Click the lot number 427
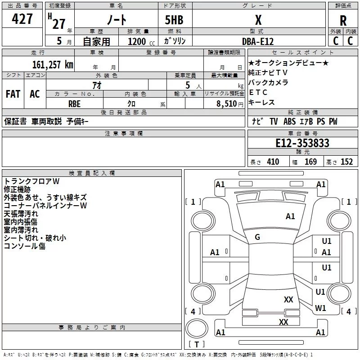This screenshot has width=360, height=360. pos(22,19)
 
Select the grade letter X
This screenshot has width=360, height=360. pos(258,20)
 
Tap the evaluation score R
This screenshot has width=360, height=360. pos(343,21)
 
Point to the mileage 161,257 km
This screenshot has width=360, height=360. pos(53,64)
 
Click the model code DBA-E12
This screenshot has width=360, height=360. pos(258,41)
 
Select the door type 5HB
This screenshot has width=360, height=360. pos(174,20)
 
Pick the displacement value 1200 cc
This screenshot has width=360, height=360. pos(141,42)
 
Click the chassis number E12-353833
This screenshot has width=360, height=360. pos(302,143)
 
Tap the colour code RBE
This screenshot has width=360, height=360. pos(74,104)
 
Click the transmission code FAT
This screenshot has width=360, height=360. pos(13,94)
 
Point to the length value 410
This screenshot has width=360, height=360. pos(273,162)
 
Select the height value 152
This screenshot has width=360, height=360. pos(346,162)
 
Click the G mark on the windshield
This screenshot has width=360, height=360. pos(257,237)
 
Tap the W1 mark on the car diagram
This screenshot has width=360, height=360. pos(320,308)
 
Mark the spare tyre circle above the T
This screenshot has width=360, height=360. pos(197,328)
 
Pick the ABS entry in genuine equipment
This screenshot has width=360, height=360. pos(289,121)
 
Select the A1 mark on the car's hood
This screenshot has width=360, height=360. pos(290,216)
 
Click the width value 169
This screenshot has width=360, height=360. pos(310,162)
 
